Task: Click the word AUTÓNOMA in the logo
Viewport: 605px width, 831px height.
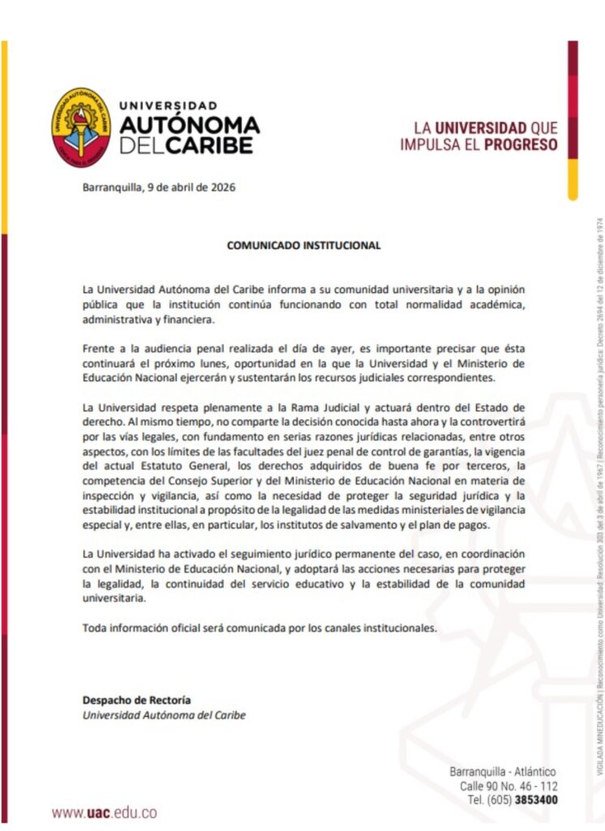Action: pyautogui.click(x=189, y=125)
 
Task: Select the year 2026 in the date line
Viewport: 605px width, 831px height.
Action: pyautogui.click(x=222, y=187)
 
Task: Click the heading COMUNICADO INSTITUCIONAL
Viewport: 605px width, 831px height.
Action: pyautogui.click(x=303, y=244)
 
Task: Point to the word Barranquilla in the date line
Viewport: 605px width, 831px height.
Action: pyautogui.click(x=112, y=187)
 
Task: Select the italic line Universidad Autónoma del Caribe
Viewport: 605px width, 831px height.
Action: pyautogui.click(x=164, y=715)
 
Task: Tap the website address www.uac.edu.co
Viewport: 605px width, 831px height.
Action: pyautogui.click(x=105, y=812)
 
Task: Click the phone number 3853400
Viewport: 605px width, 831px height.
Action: pyautogui.click(x=536, y=799)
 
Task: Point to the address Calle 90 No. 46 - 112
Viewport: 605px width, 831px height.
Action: pyautogui.click(x=508, y=786)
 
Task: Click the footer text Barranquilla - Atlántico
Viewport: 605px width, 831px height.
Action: pyautogui.click(x=503, y=772)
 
